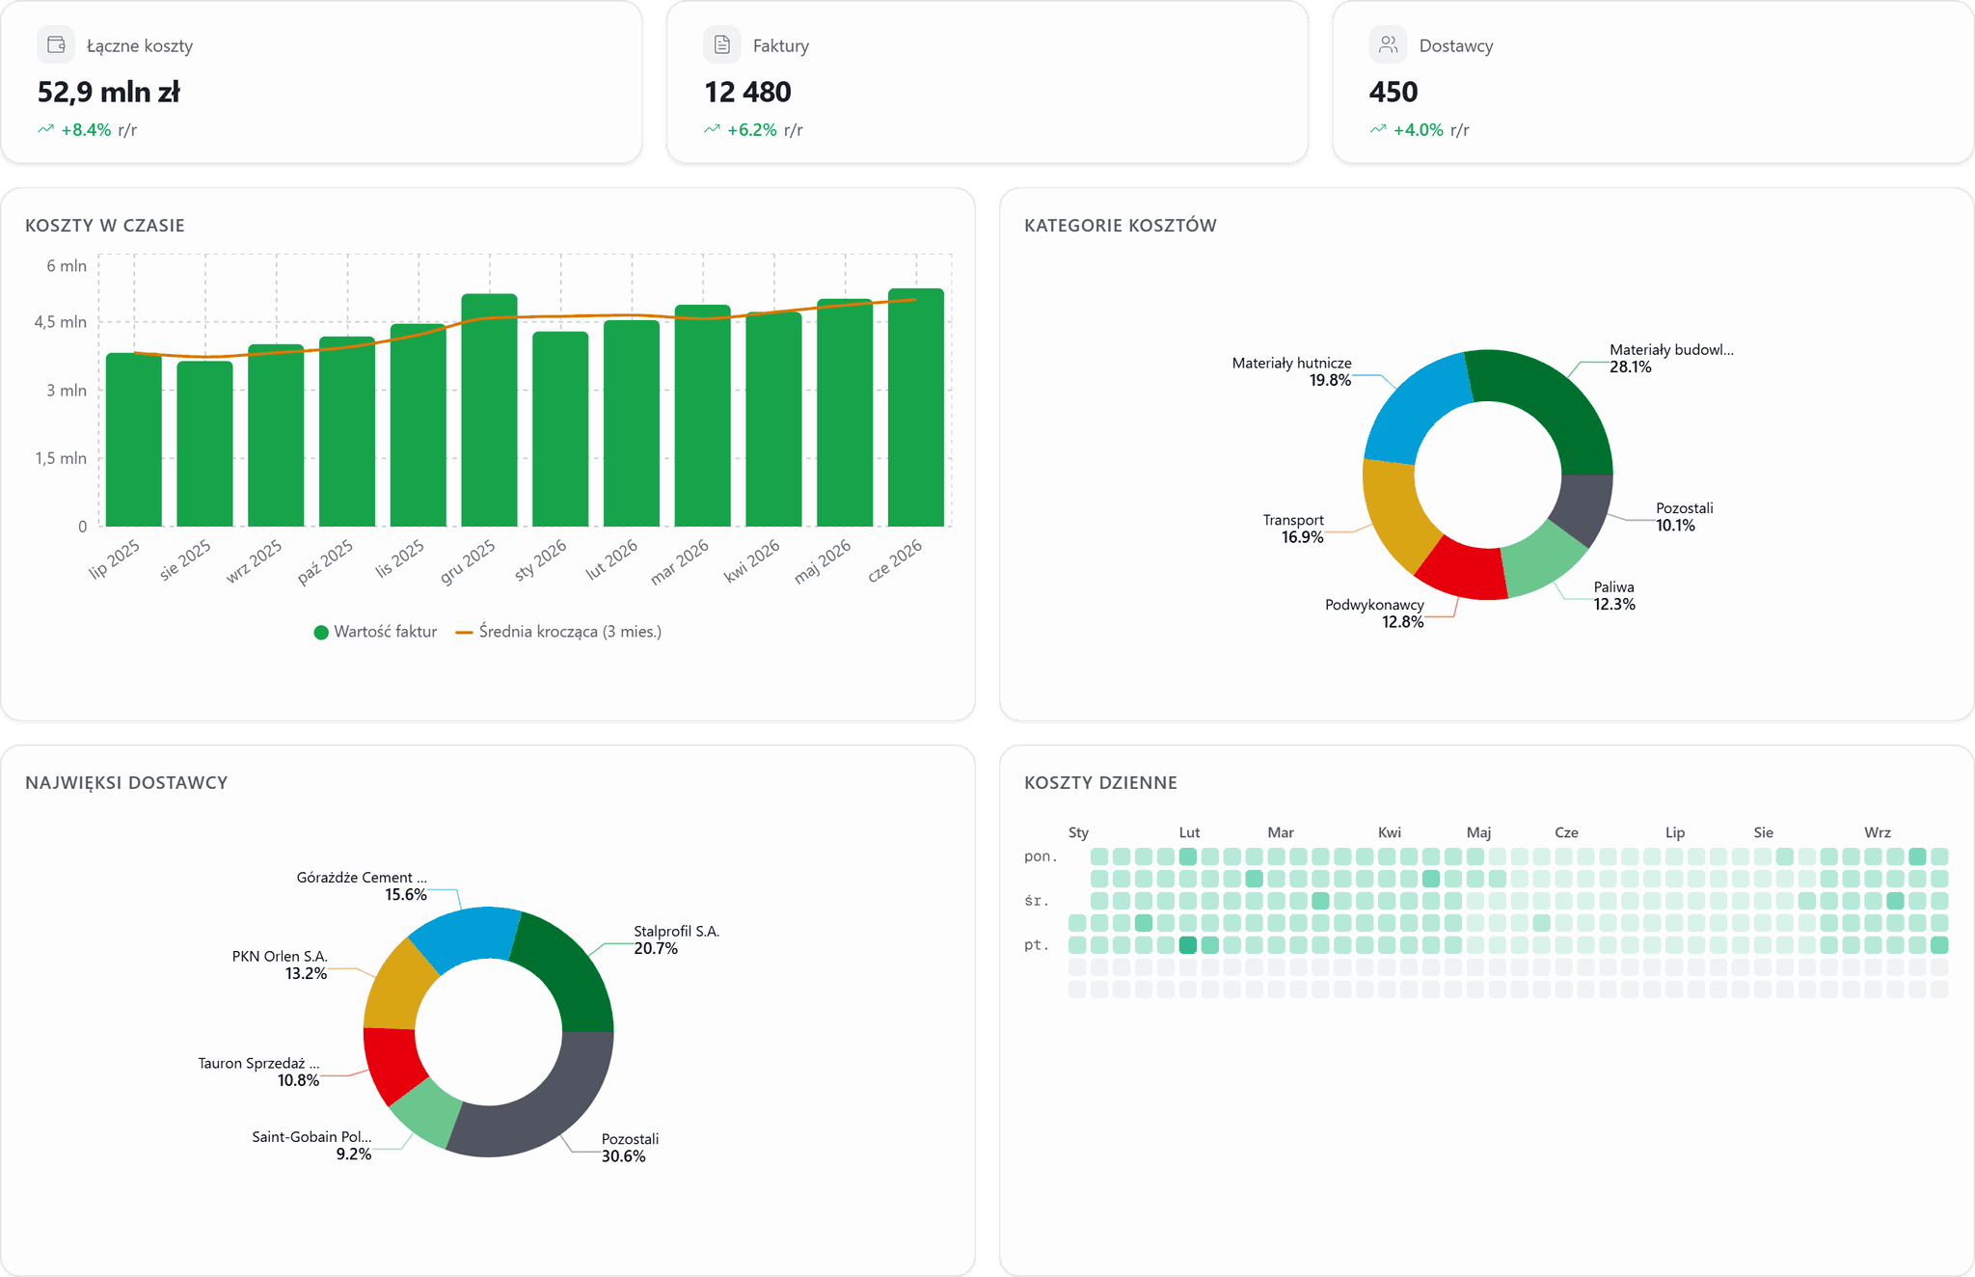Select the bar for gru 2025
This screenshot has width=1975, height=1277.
click(x=489, y=410)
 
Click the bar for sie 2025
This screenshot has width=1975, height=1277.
click(x=204, y=444)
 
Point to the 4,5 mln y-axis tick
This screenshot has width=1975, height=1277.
click(x=61, y=322)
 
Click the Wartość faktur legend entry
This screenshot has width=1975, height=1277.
click(x=375, y=632)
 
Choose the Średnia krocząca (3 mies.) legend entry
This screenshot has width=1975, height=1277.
click(x=558, y=632)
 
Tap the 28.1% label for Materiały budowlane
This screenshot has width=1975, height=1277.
click(x=1631, y=367)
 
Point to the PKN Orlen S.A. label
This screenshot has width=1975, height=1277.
click(x=280, y=956)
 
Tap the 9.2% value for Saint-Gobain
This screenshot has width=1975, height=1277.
click(x=354, y=1155)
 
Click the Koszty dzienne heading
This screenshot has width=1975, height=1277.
click(x=1100, y=783)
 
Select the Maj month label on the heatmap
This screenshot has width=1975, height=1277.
click(x=1478, y=832)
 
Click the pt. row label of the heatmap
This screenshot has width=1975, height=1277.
click(x=1036, y=945)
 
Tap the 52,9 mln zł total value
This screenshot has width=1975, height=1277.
click(x=109, y=93)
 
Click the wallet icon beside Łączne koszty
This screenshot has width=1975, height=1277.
click(x=56, y=44)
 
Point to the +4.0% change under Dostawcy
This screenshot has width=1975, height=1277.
click(x=1419, y=130)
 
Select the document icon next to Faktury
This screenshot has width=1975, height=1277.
click(x=722, y=44)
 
